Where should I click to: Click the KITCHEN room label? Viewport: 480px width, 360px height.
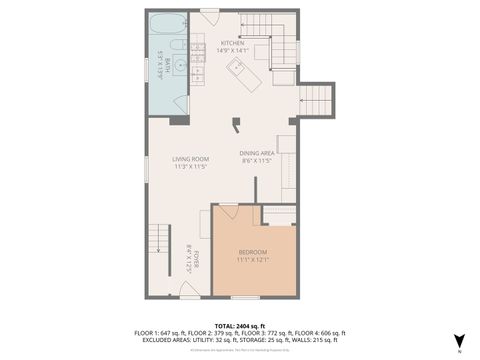(233, 44)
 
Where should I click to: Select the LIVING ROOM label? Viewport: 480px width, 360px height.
(189, 158)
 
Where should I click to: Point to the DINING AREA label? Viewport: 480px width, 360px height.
(256, 152)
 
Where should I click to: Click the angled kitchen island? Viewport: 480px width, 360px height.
(239, 71)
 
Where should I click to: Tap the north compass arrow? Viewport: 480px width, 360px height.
(459, 339)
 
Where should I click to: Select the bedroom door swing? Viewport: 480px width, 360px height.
(226, 212)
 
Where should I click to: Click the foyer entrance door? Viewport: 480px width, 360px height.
(190, 290)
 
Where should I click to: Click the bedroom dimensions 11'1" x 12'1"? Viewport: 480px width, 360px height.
(253, 260)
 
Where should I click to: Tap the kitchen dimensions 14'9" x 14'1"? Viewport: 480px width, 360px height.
(233, 51)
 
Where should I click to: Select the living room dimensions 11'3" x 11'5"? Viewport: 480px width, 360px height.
(189, 166)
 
